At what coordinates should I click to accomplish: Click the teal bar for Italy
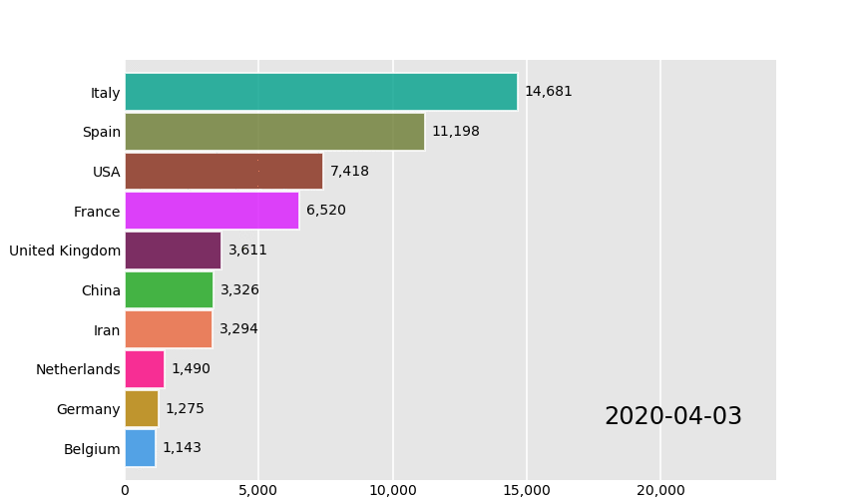click(x=320, y=92)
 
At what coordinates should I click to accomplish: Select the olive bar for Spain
click(x=274, y=132)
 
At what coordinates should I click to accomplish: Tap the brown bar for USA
click(x=223, y=172)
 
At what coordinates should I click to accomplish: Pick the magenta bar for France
click(x=212, y=211)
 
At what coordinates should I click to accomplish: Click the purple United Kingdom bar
click(x=173, y=251)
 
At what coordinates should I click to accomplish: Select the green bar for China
click(x=169, y=290)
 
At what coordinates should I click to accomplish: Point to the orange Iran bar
click(x=169, y=329)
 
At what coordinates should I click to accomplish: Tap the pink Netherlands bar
click(x=145, y=369)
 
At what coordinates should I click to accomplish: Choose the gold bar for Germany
click(x=142, y=409)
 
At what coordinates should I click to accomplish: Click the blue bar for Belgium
click(x=140, y=448)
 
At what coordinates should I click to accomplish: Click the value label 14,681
click(x=548, y=92)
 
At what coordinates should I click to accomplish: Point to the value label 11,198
click(x=455, y=132)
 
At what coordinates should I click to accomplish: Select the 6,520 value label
click(x=325, y=211)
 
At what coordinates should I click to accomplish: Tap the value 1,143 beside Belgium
click(x=182, y=448)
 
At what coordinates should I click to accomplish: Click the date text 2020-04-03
click(x=673, y=417)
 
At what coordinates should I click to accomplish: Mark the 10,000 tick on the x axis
click(x=392, y=490)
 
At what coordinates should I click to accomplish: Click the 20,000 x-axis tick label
click(x=660, y=490)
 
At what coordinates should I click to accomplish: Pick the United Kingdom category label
click(x=65, y=251)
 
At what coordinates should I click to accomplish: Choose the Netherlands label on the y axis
click(x=78, y=369)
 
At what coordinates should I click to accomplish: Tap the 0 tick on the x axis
click(x=125, y=490)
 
